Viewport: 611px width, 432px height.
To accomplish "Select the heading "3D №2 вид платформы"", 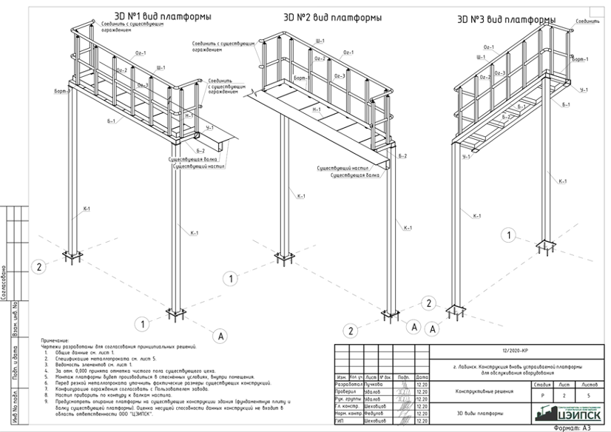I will [x=332, y=16].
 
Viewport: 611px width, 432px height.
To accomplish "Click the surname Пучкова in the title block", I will [x=374, y=385].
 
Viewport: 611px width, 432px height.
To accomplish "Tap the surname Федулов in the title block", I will [x=374, y=413].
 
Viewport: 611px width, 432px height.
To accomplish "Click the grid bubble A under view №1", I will [x=219, y=336].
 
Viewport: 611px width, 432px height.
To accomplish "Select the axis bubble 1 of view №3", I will [x=509, y=236].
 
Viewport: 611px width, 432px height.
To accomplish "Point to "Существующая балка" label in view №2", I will [x=354, y=175].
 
